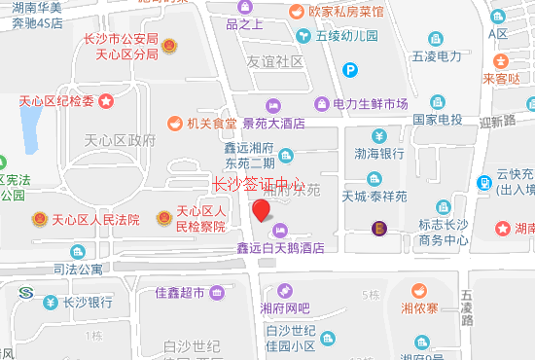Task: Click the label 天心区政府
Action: click(120, 140)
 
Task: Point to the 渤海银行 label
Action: click(379, 153)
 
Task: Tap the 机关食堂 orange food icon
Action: click(174, 124)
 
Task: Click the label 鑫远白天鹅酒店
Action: click(281, 248)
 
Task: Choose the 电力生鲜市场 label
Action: click(370, 104)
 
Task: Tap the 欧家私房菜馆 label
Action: click(346, 13)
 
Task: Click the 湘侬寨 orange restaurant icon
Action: click(418, 291)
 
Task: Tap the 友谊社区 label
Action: click(275, 61)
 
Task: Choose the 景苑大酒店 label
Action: click(274, 124)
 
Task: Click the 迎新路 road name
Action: click(497, 122)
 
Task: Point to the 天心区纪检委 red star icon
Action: click(105, 100)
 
